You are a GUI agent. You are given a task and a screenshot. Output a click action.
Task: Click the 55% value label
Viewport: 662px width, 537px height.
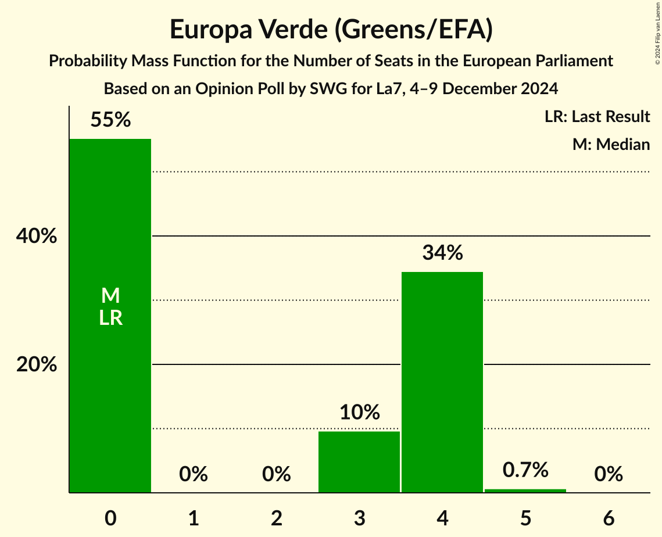pyautogui.click(x=110, y=120)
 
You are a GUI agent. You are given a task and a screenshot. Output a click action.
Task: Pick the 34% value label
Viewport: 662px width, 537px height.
pyautogui.click(x=442, y=253)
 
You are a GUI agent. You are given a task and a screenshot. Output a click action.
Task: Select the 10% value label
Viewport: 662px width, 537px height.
pyautogui.click(x=359, y=413)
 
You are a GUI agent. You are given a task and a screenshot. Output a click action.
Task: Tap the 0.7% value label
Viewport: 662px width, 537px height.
pyautogui.click(x=525, y=470)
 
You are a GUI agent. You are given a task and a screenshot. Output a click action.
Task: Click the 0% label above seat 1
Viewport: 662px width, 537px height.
pyautogui.click(x=194, y=474)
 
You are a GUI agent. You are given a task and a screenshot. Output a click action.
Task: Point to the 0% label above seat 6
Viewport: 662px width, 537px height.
pyautogui.click(x=609, y=474)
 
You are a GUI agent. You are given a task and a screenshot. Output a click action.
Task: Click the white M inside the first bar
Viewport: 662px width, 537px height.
pyautogui.click(x=110, y=296)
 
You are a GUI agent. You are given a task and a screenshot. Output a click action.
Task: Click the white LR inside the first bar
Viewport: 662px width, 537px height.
pyautogui.click(x=110, y=318)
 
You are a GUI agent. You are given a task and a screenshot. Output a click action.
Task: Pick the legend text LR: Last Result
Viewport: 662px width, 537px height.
pyautogui.click(x=597, y=117)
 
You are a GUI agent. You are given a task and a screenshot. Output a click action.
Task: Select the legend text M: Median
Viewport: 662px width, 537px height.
pyautogui.click(x=611, y=144)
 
